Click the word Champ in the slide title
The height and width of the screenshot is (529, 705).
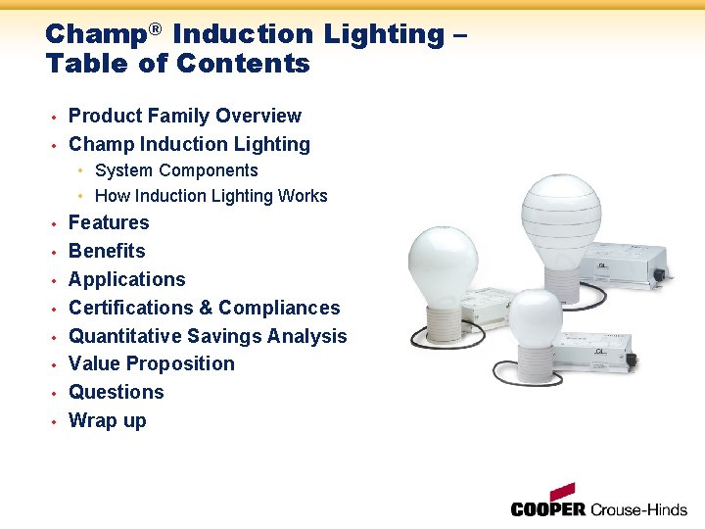(95, 34)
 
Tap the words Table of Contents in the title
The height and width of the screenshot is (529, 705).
(177, 65)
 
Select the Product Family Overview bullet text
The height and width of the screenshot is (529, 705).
(184, 117)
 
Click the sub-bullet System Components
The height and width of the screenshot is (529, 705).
(176, 170)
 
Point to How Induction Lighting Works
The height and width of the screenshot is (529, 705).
(211, 196)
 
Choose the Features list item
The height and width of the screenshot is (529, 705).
(109, 223)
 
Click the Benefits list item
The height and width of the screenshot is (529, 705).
(107, 252)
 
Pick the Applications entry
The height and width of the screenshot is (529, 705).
(126, 280)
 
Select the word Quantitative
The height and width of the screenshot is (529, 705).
(126, 336)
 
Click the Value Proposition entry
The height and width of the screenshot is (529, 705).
(152, 364)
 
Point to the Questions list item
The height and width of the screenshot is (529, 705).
(116, 393)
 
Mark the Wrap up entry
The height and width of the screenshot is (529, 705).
(107, 421)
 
